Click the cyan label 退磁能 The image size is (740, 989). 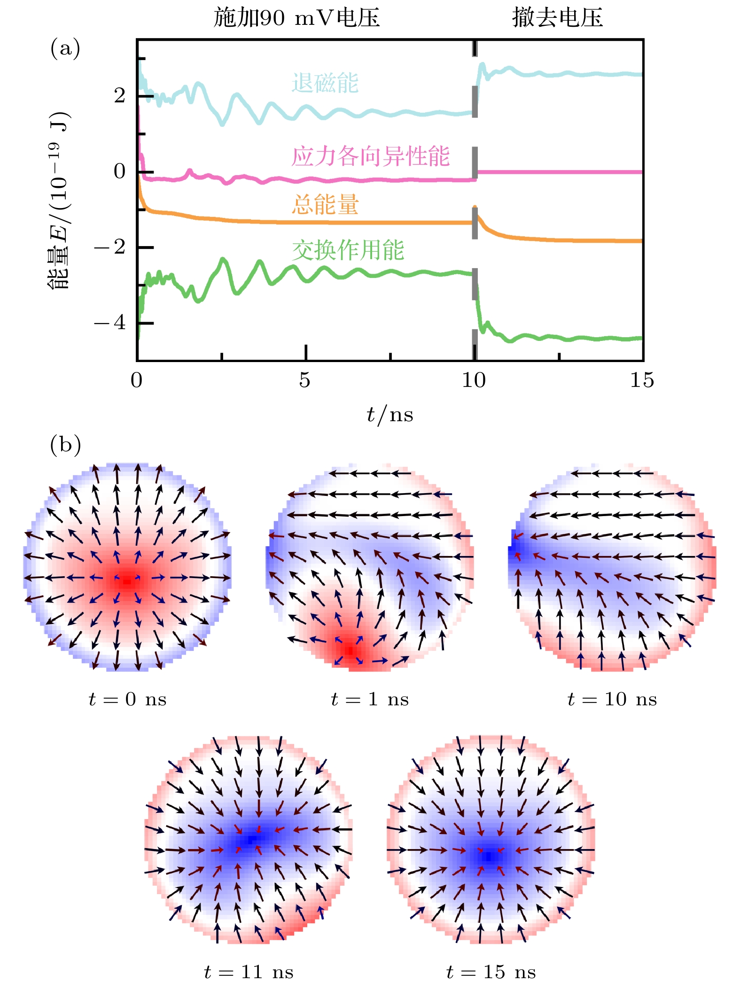tap(325, 83)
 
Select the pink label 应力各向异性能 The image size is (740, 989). tap(371, 156)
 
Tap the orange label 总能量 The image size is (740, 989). tap(325, 205)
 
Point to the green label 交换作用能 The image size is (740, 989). tap(348, 250)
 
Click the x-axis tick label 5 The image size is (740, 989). tap(305, 380)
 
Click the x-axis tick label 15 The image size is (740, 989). tap(642, 380)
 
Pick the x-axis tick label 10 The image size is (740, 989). tap(474, 380)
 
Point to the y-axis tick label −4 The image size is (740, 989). tap(110, 323)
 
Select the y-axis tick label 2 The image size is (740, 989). tap(119, 96)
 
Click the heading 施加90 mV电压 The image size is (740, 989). tap(296, 18)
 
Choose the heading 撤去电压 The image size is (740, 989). tap(557, 18)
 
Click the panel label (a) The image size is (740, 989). tap(65, 49)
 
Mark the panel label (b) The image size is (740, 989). tap(65, 444)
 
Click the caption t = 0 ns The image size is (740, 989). tap(127, 700)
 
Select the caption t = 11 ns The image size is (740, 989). tap(249, 972)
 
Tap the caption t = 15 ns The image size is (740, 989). tap(491, 972)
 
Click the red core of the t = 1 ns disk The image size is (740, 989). tap(350, 650)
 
